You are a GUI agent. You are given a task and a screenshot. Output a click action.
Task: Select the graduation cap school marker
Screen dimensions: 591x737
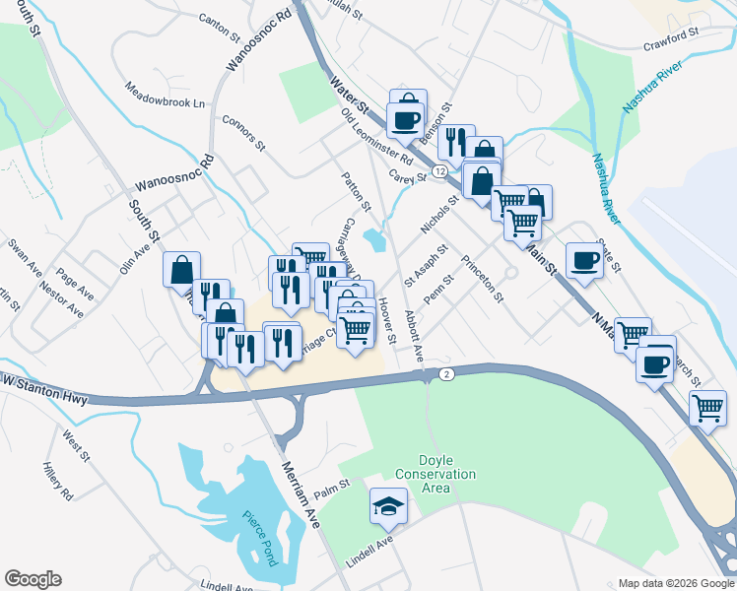pos(387,507)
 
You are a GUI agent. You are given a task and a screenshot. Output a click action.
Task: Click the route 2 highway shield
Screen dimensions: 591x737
pos(446,374)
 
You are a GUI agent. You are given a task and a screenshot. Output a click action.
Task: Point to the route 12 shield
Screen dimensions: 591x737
pos(438,171)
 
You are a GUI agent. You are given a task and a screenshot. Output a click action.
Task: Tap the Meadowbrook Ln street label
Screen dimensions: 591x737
pos(165,96)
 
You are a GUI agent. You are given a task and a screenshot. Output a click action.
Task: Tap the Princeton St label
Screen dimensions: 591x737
pos(483,279)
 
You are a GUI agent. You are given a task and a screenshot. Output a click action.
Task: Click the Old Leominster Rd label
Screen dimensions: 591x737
pos(377,138)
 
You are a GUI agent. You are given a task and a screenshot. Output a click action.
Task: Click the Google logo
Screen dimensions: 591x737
pos(33,579)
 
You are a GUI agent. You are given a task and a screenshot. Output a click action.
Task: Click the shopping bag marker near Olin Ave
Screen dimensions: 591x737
pos(182,269)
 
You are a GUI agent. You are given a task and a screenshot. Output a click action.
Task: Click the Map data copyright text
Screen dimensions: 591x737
pos(674,583)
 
